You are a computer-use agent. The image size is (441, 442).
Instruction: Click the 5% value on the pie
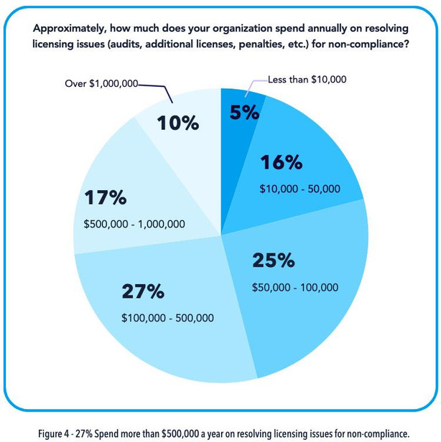click(x=245, y=113)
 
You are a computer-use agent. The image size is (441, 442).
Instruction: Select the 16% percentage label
click(x=282, y=163)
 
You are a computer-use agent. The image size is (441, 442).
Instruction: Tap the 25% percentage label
click(x=273, y=260)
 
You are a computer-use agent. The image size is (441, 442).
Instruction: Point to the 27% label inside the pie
click(x=143, y=291)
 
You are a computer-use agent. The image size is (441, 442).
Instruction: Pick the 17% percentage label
click(x=105, y=197)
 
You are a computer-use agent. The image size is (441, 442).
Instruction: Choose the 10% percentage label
click(x=177, y=123)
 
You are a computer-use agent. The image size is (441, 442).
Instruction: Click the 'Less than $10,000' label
click(x=307, y=80)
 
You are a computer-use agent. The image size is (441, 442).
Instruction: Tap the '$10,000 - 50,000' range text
click(x=300, y=189)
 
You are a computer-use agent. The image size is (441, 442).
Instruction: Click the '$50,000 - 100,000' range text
click(x=294, y=287)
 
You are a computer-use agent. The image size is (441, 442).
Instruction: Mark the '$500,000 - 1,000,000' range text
click(x=134, y=224)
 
